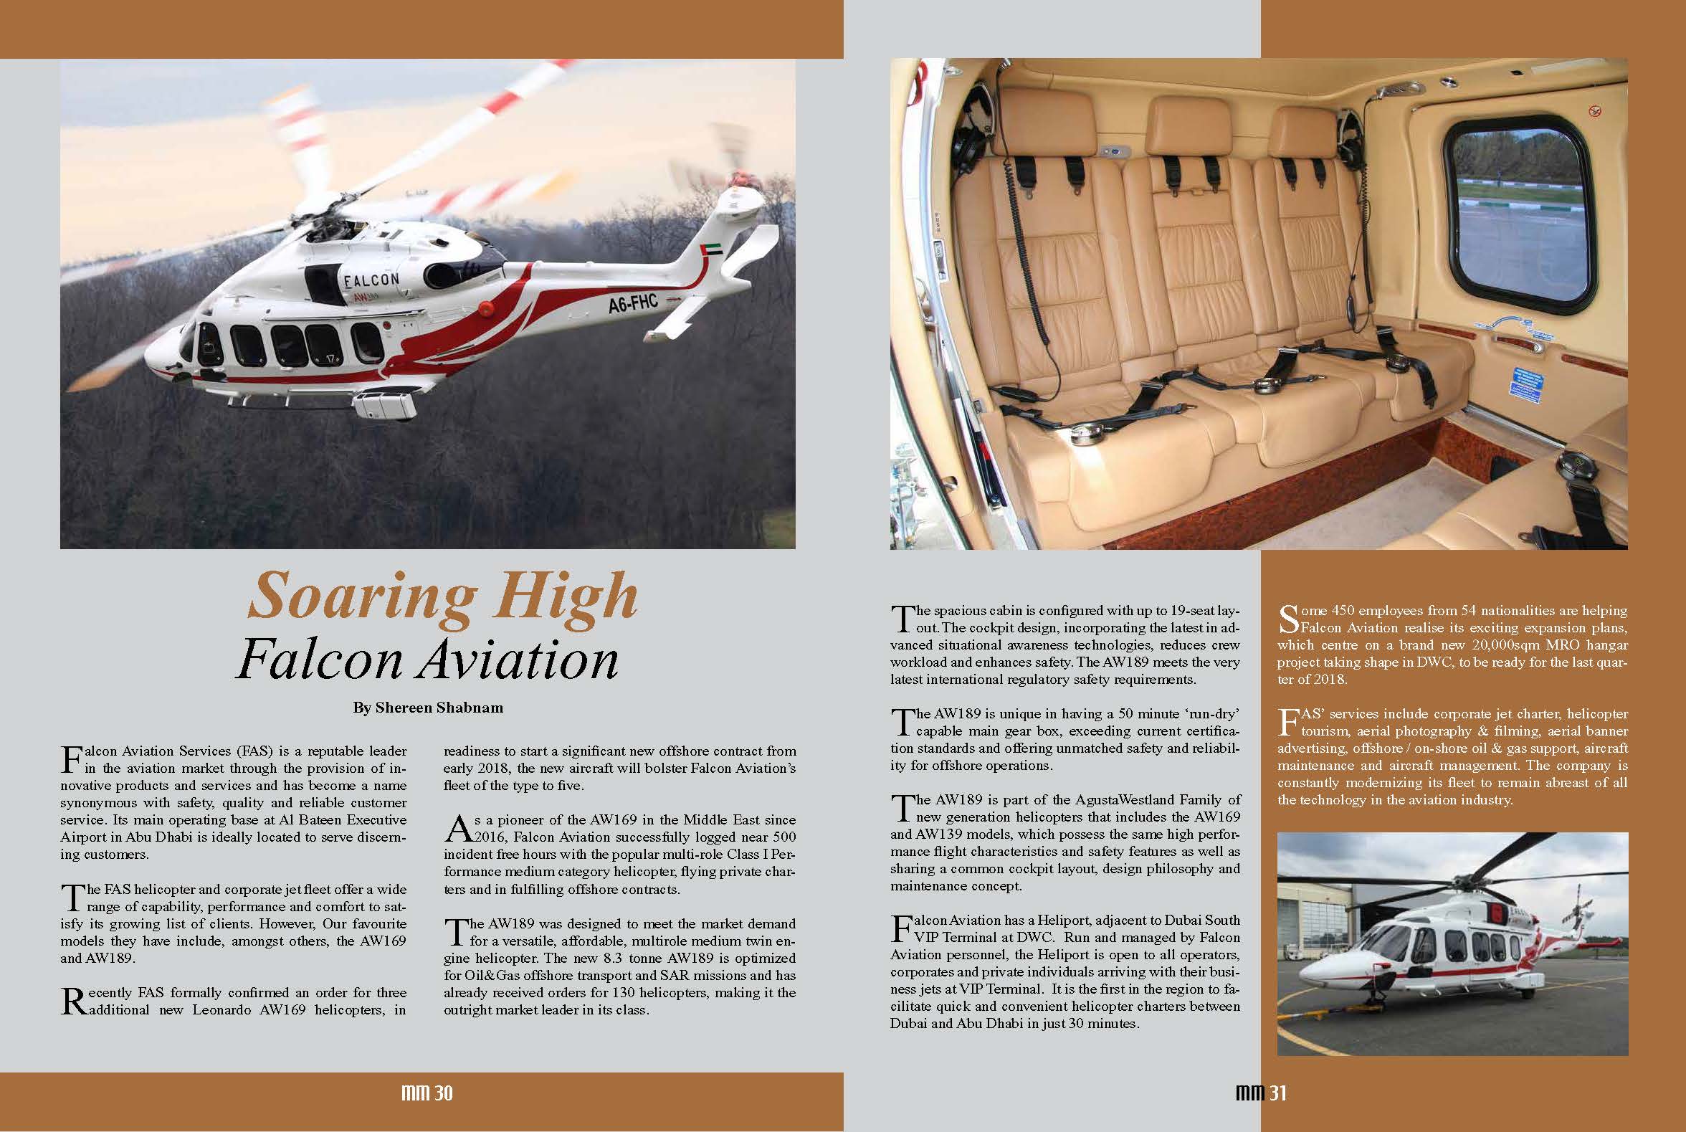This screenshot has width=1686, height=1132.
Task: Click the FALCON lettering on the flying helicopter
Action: click(x=371, y=280)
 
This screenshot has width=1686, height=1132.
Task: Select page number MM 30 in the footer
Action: click(x=427, y=1094)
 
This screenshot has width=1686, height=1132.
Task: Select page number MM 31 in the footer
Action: click(x=1260, y=1094)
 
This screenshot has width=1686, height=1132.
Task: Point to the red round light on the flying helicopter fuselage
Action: click(x=485, y=306)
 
